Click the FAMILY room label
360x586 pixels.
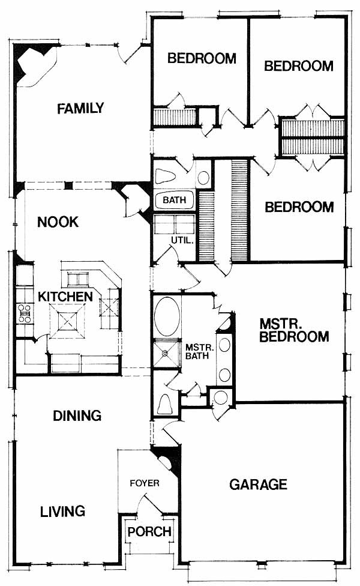click(80, 109)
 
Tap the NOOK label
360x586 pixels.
click(58, 222)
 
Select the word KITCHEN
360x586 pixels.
click(65, 297)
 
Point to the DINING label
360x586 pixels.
click(77, 415)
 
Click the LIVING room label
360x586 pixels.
click(63, 512)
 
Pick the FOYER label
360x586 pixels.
click(145, 483)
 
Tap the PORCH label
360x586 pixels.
click(149, 531)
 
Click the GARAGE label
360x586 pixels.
click(259, 485)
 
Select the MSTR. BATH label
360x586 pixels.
click(200, 352)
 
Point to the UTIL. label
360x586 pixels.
click(182, 240)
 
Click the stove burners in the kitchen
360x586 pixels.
click(25, 313)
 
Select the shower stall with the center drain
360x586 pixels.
click(166, 353)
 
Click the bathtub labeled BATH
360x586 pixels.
click(174, 200)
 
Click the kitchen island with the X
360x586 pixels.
click(68, 321)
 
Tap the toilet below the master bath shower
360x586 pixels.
click(164, 403)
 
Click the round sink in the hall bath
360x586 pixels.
click(203, 178)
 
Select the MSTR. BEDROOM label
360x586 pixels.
click(294, 330)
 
